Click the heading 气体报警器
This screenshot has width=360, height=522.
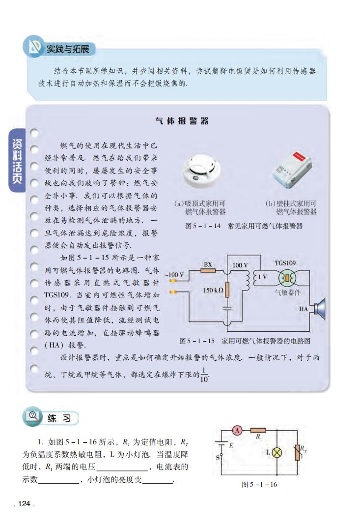[182, 121]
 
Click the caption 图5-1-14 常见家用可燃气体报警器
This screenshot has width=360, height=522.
[244, 227]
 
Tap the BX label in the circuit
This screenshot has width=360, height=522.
[208, 264]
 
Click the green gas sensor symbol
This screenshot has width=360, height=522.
[285, 278]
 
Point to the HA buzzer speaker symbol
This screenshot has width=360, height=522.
[319, 309]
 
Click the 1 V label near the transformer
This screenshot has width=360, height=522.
[263, 277]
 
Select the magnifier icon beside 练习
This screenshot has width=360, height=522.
[34, 417]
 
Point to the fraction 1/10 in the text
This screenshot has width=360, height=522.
[205, 374]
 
